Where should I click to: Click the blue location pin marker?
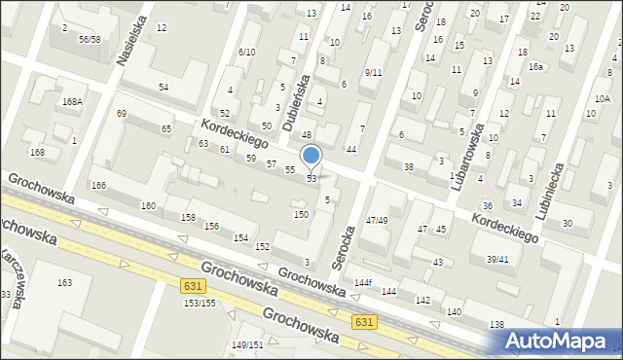point(311,156)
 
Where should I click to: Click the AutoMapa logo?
point(562,341)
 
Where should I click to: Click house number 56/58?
point(90,39)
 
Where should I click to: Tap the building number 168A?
point(72,101)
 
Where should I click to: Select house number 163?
point(64,283)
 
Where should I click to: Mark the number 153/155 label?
point(200,303)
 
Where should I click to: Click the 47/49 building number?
point(377,221)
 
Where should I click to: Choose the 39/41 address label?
point(497,259)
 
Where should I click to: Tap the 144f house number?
point(363,282)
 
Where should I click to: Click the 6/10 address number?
point(246,53)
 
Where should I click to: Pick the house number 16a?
point(535,67)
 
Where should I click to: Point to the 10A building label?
point(603,98)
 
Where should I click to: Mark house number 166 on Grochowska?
point(98,185)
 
